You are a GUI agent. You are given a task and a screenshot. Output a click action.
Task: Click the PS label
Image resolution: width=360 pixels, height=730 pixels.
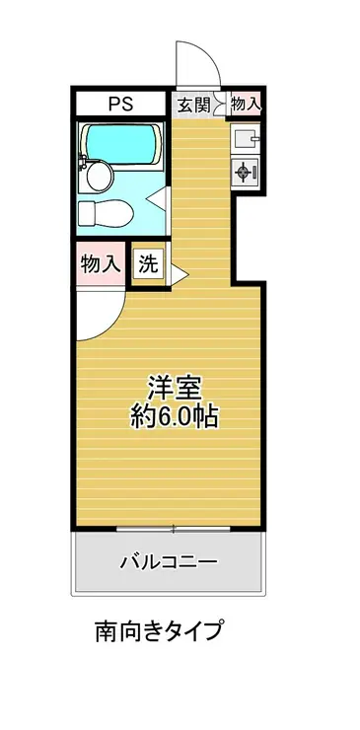(x=121, y=103)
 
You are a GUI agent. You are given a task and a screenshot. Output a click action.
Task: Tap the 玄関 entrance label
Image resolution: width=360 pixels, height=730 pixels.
(x=192, y=103)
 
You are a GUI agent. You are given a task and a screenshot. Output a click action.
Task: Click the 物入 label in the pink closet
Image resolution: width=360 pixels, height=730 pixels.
(x=100, y=263)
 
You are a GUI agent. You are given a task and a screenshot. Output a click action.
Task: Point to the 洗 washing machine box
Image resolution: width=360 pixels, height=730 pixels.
(x=148, y=263)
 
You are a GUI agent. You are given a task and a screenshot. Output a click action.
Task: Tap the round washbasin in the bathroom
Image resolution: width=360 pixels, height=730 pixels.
(x=99, y=176)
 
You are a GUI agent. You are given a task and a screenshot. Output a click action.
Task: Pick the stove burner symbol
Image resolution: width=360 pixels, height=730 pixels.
(x=244, y=171)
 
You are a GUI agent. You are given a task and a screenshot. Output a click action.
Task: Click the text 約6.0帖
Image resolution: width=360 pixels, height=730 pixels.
(x=176, y=415)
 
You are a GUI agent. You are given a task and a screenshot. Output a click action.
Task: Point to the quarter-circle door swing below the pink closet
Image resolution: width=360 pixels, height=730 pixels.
(x=99, y=311)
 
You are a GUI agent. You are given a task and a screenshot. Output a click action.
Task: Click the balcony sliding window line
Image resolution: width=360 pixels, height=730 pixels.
(x=174, y=529)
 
